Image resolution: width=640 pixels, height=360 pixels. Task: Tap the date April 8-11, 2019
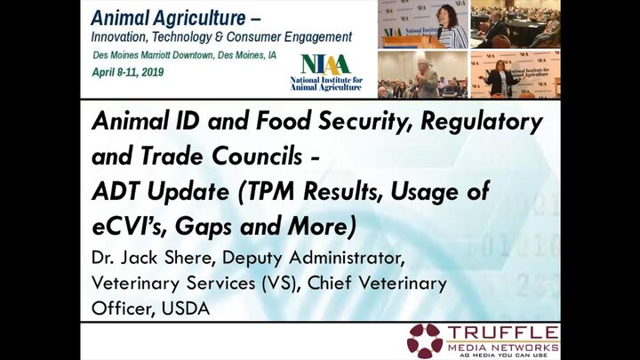(128, 72)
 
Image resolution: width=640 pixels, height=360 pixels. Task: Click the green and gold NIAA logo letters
(325, 65)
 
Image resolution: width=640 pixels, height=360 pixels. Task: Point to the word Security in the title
(366, 122)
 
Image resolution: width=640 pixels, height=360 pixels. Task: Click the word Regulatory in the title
(482, 122)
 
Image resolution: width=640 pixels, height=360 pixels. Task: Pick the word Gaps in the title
(204, 227)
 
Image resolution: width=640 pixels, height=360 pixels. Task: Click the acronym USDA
(186, 308)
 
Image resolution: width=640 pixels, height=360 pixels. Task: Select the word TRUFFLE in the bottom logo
(503, 332)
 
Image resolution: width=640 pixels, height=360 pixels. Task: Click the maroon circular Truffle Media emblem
(425, 340)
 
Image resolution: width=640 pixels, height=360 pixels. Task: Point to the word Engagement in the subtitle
(318, 37)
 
